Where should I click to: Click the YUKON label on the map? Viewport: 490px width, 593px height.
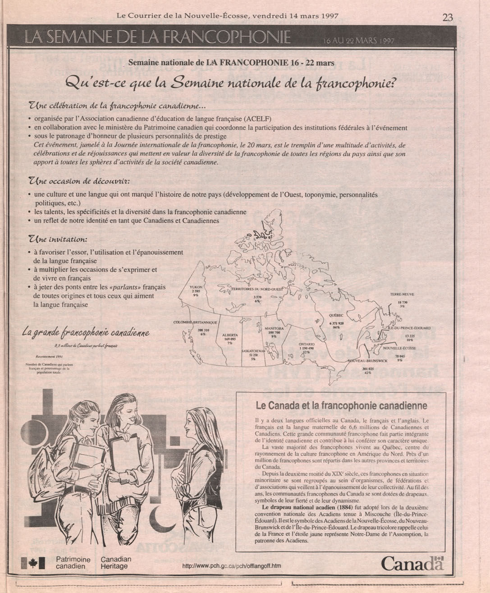pos(196,287)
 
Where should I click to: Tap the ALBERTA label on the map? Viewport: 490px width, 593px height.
pos(230,335)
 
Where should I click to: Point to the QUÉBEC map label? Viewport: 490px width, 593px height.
pos(336,315)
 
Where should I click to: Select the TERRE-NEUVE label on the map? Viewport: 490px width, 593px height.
pos(402,294)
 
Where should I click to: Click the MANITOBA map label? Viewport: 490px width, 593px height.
pos(274,328)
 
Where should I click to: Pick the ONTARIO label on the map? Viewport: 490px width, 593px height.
pos(306,344)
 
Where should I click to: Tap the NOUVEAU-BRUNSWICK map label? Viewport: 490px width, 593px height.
pos(368,361)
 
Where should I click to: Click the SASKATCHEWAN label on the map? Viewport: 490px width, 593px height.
pos(253,351)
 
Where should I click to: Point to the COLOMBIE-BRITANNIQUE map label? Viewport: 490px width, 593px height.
pos(196,322)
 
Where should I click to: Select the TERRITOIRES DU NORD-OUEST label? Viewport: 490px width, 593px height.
pos(257,289)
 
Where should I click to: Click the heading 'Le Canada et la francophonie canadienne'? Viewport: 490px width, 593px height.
pos(341,405)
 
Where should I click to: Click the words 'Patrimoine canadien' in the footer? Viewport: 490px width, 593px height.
pos(73,562)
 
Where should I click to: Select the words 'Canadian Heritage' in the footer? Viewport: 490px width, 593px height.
pos(116,562)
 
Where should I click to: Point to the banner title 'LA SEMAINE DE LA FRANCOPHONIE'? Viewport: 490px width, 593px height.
pos(158,37)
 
